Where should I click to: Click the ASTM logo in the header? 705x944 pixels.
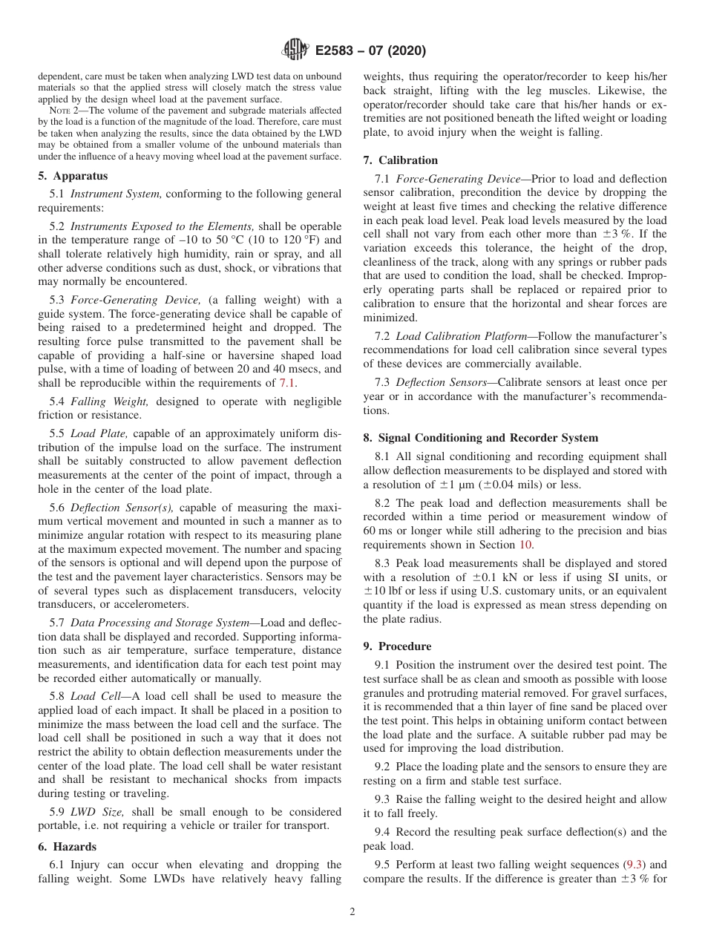coord(294,51)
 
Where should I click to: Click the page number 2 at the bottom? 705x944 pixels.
coord(352,912)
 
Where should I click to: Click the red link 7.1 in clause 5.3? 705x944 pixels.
coord(286,383)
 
